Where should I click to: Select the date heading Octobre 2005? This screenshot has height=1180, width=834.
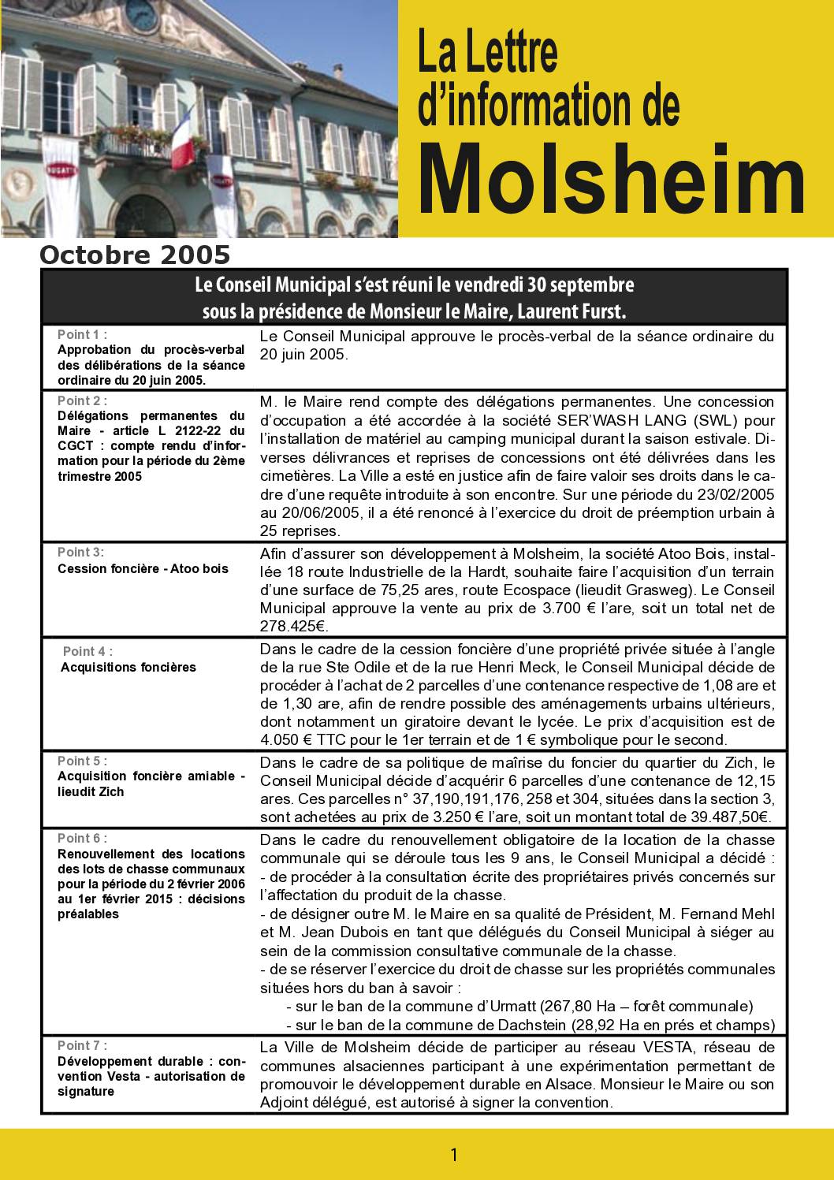tap(135, 255)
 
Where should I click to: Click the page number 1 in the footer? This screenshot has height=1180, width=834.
tap(453, 1156)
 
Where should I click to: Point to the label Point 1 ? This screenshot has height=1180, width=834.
tap(83, 335)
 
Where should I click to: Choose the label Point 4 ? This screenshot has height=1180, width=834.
tap(87, 651)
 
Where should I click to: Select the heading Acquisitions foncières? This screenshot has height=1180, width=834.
tap(128, 667)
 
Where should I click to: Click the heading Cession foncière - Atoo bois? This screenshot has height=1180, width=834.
tap(143, 568)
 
